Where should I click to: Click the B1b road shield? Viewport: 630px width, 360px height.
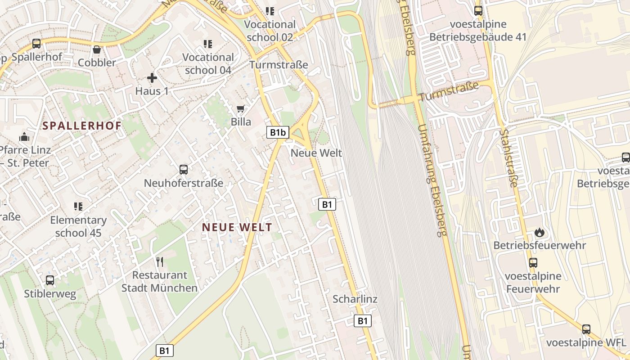click(278, 132)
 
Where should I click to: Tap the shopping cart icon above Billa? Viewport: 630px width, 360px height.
click(241, 109)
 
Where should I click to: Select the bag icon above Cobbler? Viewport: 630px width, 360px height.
click(97, 49)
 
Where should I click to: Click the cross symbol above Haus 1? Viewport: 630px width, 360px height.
click(152, 78)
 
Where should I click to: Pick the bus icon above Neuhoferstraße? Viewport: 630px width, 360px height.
click(184, 170)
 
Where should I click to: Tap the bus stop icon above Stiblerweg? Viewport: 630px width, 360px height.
click(50, 280)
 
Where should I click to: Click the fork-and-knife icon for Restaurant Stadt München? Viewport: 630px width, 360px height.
click(159, 261)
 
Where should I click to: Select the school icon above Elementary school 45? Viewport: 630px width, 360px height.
click(78, 207)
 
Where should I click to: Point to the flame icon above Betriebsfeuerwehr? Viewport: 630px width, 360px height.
click(540, 232)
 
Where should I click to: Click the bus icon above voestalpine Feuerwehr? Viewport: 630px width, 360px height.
click(533, 262)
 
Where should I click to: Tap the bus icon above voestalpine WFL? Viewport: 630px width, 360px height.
click(586, 329)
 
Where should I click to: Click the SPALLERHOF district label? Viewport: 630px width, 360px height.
click(82, 126)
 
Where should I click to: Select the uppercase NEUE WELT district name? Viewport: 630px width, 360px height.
click(237, 227)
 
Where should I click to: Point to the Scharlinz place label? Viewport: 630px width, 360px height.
click(355, 299)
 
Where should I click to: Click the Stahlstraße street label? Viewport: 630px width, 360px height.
click(509, 158)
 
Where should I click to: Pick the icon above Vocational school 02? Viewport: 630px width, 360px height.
click(270, 11)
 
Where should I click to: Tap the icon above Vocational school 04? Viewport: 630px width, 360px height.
click(207, 44)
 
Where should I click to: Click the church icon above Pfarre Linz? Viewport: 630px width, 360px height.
click(24, 136)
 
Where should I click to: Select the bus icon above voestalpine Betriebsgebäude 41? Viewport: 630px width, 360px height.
click(478, 11)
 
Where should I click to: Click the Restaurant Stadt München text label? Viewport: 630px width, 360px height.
click(159, 281)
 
